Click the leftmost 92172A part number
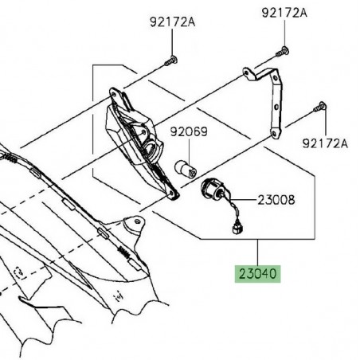pos(171,22)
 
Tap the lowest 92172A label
pos(325,143)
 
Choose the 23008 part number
pos(275,200)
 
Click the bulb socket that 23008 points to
pos(213,190)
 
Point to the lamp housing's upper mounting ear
pos(117,92)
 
